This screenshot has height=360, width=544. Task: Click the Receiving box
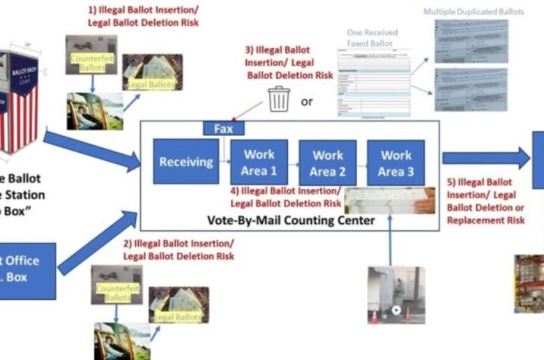coord(186,162)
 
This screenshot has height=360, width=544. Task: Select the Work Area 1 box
coord(259,162)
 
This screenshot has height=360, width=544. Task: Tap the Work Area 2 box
coord(327,163)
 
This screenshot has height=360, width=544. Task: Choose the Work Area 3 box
coord(395,163)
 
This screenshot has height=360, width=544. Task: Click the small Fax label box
coord(223,128)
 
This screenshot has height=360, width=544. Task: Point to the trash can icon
coord(279,99)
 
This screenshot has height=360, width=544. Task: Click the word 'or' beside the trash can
coord(307,101)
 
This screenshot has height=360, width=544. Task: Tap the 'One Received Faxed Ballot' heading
coord(372,37)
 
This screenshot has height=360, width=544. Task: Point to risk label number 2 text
coord(179,249)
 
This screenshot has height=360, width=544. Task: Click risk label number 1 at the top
coord(143,17)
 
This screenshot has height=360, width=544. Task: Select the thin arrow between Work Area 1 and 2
coord(293,163)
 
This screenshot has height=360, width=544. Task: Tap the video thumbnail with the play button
coord(395,294)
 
